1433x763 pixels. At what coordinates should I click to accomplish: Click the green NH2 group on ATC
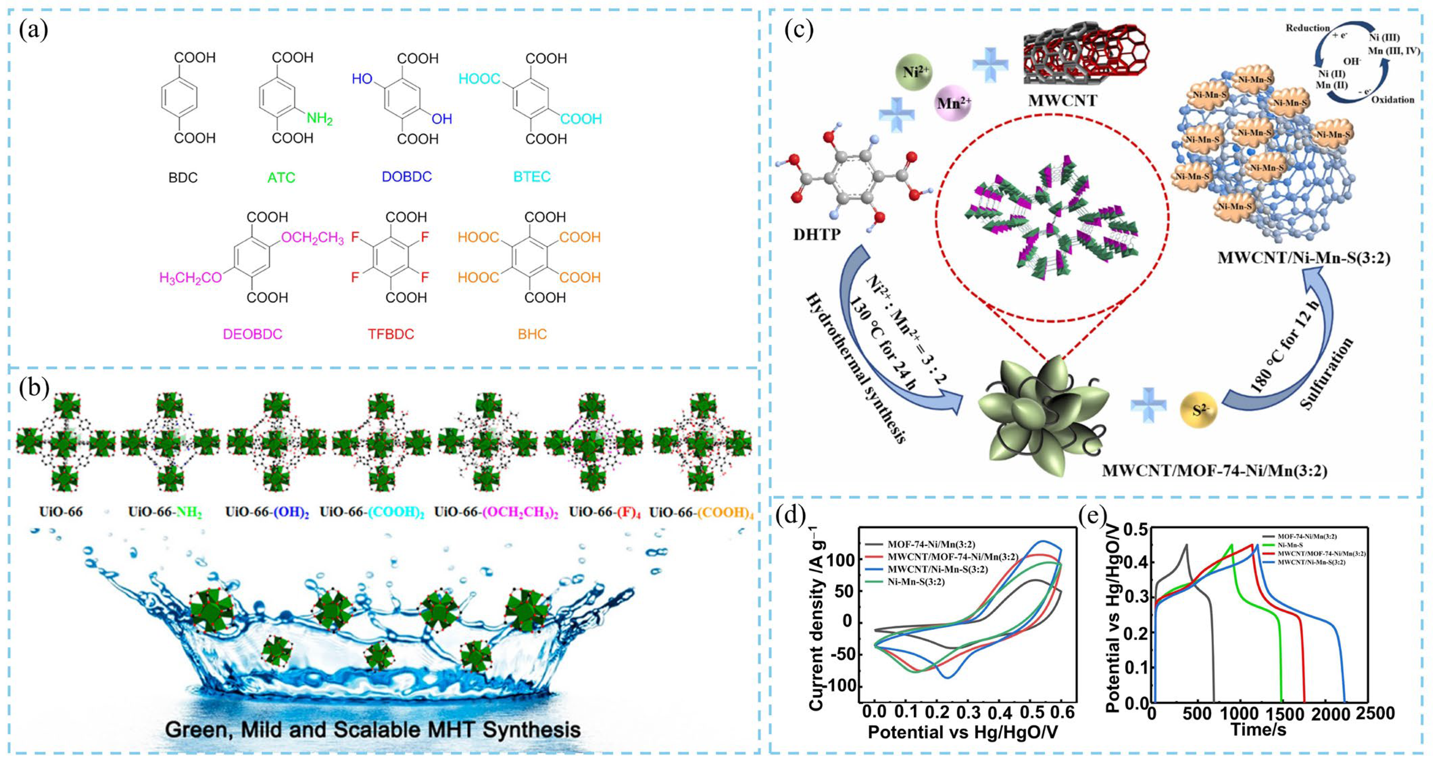click(319, 119)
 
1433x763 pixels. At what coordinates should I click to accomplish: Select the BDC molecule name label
click(183, 177)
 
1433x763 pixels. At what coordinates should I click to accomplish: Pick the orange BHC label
click(532, 334)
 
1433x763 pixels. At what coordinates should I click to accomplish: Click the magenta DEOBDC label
click(252, 334)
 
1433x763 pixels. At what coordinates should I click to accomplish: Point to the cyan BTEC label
click(532, 177)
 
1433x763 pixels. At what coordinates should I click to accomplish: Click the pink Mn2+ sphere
click(953, 103)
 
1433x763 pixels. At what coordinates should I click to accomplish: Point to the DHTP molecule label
click(816, 235)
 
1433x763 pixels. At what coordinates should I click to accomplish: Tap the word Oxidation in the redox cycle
click(1392, 100)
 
